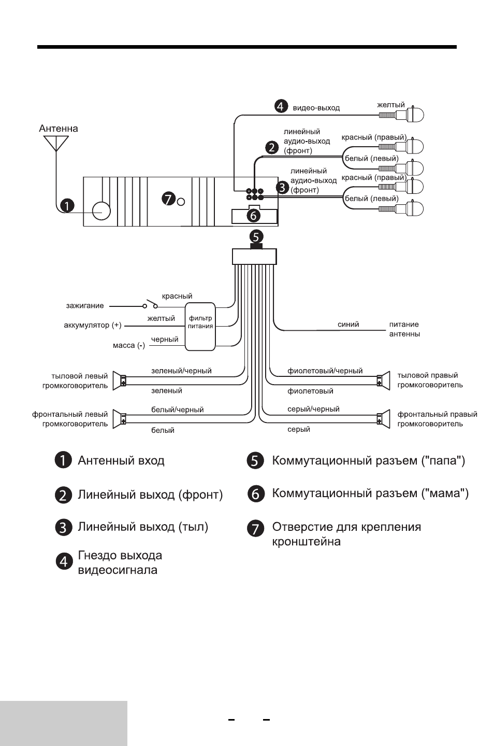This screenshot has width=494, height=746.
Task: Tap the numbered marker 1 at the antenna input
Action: [67, 205]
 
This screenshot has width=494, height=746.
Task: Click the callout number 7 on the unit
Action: [168, 199]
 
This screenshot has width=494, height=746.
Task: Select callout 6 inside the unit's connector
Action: [254, 216]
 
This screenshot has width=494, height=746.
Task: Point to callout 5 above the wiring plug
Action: [256, 237]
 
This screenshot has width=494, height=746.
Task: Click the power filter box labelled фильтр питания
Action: [200, 327]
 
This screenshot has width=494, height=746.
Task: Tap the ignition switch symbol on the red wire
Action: [150, 304]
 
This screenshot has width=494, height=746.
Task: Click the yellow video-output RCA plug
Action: [401, 115]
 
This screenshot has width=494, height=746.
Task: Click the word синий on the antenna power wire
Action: [348, 325]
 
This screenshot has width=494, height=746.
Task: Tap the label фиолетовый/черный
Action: [325, 371]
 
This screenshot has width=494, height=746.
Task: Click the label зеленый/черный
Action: [181, 371]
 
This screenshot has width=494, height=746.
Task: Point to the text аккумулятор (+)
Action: [93, 325]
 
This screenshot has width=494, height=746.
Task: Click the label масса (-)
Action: [129, 345]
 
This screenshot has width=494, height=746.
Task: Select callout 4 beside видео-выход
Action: [281, 106]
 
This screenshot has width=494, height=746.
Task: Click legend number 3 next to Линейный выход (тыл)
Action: [63, 528]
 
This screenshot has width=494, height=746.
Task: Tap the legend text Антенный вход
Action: [121, 460]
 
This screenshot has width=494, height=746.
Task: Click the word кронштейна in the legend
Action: [307, 542]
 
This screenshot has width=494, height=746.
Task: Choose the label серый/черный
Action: [313, 409]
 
